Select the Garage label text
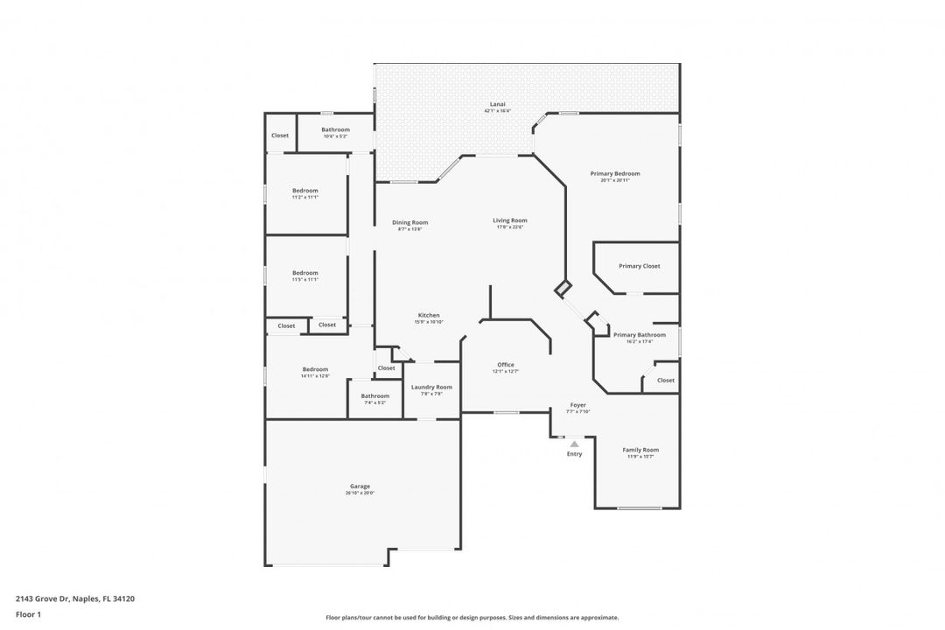coord(360,486)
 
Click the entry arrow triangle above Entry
coord(574,444)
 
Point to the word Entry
coord(574,454)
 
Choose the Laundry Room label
coord(431,387)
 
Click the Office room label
coord(506,365)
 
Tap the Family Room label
coord(640,450)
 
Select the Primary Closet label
coord(639,266)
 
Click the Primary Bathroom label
coord(639,334)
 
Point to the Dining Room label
coord(409,222)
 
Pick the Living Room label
coord(509,220)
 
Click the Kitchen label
coord(429,315)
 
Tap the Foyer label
coord(577,405)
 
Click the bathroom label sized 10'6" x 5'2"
coord(335,129)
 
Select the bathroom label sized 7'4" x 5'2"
coord(375,395)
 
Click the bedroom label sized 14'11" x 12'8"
coord(315,369)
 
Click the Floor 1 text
coord(28,614)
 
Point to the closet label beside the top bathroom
coord(280,136)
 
